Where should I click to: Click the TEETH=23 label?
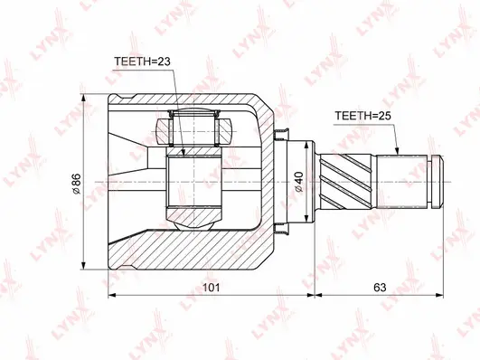(142, 62)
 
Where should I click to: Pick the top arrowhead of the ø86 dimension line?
(84, 98)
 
